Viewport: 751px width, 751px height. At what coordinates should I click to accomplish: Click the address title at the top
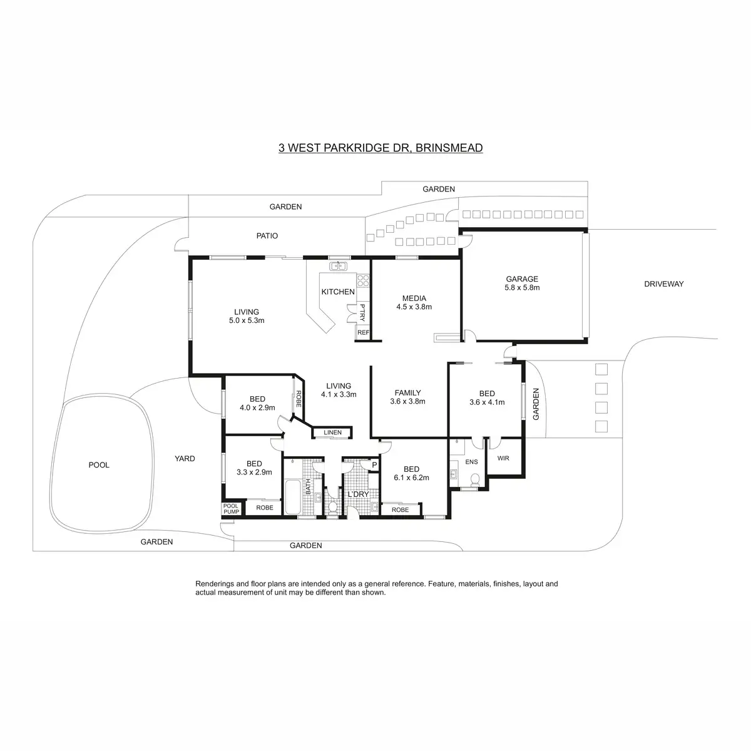pos(381,148)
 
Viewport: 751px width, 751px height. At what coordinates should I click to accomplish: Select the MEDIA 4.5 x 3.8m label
pos(414,302)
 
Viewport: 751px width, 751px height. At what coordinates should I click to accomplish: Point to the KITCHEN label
pos(338,292)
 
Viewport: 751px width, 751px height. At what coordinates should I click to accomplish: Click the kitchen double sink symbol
pos(339,267)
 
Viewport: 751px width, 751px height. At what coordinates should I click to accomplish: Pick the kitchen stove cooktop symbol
pos(363,281)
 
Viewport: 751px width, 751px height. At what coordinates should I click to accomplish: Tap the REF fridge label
pos(363,332)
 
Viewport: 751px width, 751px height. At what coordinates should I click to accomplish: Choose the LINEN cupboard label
pos(332,432)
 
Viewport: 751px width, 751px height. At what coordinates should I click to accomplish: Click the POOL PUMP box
pos(231,509)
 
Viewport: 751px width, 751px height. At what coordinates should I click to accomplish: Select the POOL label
pos(99,465)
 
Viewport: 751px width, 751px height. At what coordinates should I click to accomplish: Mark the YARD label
pos(185,459)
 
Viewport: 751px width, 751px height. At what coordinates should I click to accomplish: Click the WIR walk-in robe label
pos(503,458)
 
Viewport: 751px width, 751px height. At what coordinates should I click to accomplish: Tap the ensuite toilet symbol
pos(474,480)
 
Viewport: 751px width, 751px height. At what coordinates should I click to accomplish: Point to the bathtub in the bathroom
pos(293,497)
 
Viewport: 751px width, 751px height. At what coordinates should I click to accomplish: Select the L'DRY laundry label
pos(358,494)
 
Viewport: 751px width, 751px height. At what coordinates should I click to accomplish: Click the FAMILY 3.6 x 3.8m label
pos(407,397)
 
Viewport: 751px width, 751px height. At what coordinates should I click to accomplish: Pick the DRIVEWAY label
pos(664,284)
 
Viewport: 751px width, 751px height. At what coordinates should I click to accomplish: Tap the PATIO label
pos(267,236)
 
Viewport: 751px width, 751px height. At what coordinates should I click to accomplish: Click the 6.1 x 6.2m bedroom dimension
pos(412,478)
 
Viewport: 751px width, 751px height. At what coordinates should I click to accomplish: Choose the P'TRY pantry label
pos(362,312)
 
